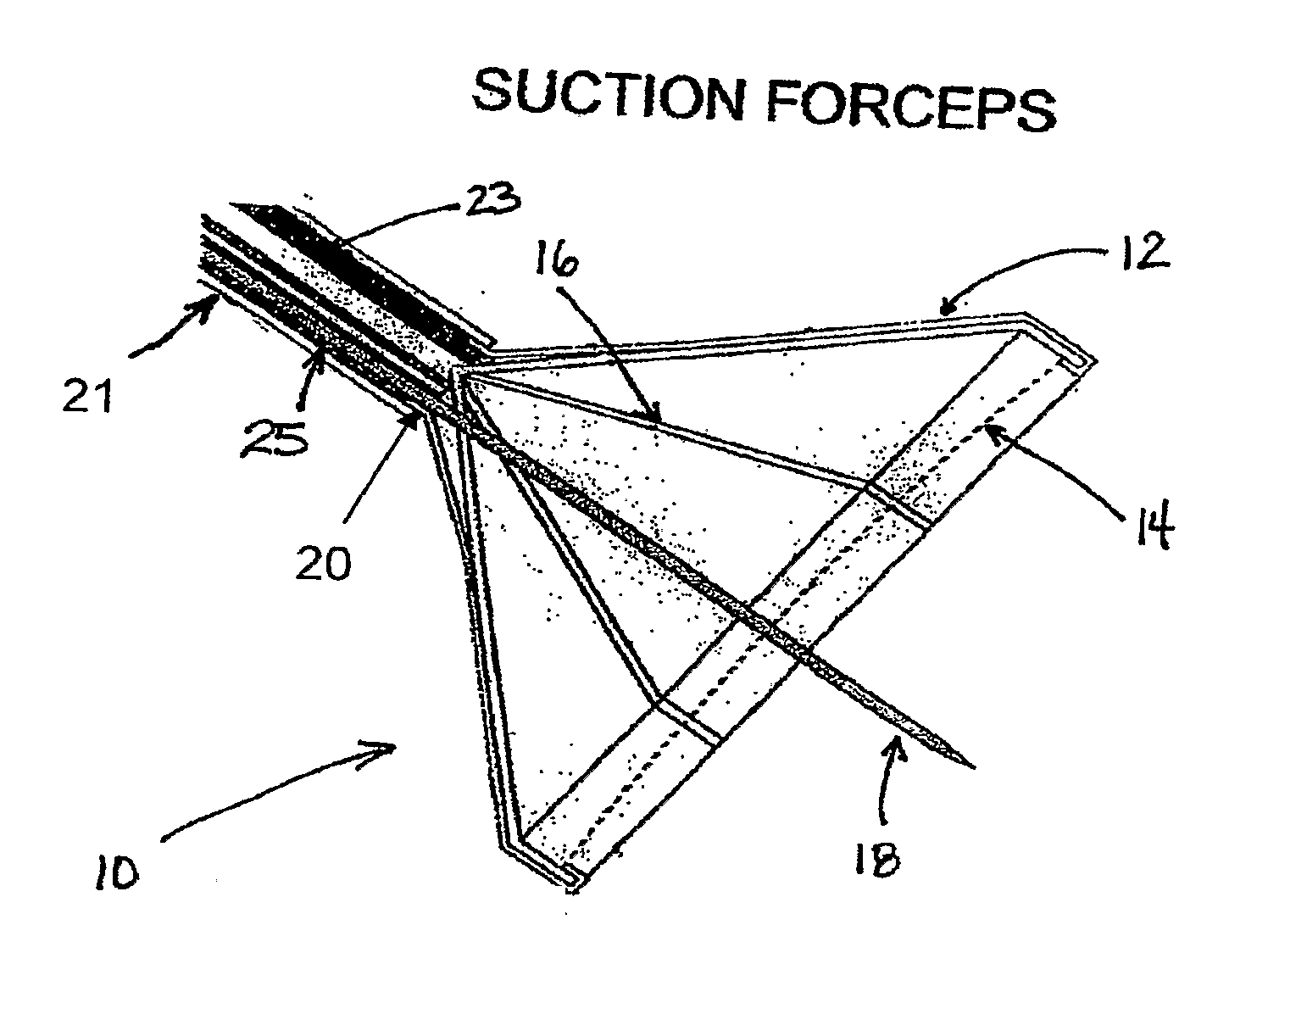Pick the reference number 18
875,860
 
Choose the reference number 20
324,562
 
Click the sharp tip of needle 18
973,767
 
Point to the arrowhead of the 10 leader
393,746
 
